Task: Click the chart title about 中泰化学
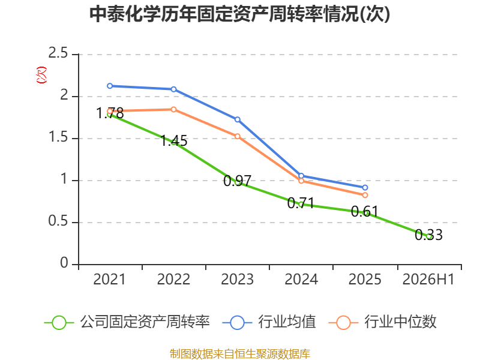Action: click(239, 14)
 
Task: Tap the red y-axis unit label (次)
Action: click(41, 75)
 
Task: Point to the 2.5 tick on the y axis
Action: click(58, 53)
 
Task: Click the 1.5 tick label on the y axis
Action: click(58, 137)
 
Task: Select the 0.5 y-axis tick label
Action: click(58, 221)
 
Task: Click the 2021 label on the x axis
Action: click(109, 279)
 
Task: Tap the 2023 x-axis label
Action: click(237, 279)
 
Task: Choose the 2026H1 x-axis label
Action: click(428, 279)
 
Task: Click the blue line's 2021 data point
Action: click(110, 86)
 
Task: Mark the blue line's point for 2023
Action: click(238, 119)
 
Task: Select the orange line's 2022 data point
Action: click(173, 110)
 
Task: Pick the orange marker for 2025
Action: click(365, 195)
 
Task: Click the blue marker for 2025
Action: click(365, 188)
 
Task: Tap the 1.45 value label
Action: click(174, 141)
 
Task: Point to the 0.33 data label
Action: click(428, 235)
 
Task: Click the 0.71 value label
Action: click(301, 203)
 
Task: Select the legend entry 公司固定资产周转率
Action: click(127, 322)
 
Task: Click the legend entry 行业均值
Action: click(269, 322)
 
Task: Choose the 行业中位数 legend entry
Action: click(382, 322)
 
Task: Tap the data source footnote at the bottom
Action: click(240, 354)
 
